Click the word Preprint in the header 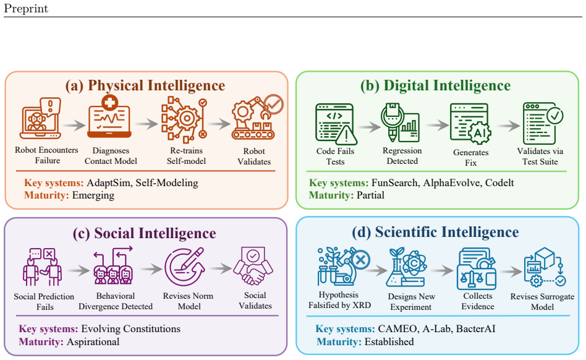(26, 9)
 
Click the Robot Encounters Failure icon (41, 118)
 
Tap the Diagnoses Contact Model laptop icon (109, 117)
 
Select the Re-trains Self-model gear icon (184, 119)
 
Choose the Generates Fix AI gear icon (470, 124)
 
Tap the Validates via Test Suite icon (543, 123)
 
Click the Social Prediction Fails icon (42, 267)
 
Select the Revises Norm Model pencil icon (185, 267)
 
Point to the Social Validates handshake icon (253, 266)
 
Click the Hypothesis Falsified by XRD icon (344, 266)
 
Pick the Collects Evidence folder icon (477, 268)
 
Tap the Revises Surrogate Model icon (545, 267)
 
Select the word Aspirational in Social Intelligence (93, 341)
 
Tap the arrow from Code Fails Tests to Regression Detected (369, 127)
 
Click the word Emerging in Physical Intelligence (93, 195)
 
